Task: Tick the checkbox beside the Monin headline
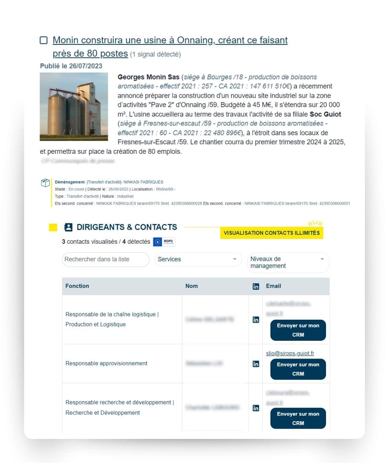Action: [44, 40]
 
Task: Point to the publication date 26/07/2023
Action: [86, 66]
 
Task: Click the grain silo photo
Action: [74, 107]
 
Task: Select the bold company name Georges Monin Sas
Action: [148, 77]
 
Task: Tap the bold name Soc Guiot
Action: [325, 114]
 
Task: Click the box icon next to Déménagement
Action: [45, 183]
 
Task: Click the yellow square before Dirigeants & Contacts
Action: [53, 227]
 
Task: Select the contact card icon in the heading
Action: [68, 227]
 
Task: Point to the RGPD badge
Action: [164, 242]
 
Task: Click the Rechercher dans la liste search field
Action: [105, 259]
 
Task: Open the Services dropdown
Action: [198, 259]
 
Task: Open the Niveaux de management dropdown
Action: [288, 262]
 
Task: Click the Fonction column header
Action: [77, 286]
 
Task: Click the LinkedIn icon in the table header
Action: [256, 286]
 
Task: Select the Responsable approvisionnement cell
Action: [106, 363]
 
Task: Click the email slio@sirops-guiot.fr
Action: [290, 353]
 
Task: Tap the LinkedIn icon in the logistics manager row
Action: [256, 320]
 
